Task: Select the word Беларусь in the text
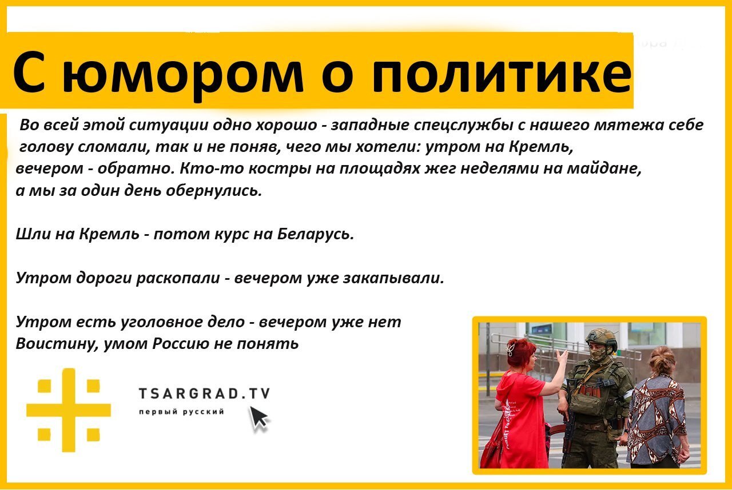pos(315,234)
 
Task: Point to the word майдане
pos(604,168)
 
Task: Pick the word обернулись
pos(214,190)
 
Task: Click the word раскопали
pos(178,278)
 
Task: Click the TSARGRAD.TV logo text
pos(204,393)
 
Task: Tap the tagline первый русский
pos(182,412)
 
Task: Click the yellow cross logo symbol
pos(69,409)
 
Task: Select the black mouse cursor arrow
pos(259,419)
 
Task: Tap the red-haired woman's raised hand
pos(562,358)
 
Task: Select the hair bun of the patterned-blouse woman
pos(661,362)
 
